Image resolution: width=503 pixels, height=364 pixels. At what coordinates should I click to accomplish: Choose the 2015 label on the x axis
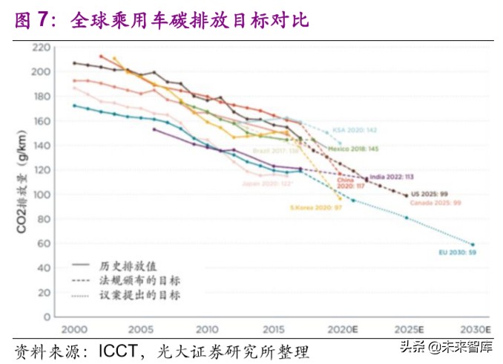click(x=274, y=329)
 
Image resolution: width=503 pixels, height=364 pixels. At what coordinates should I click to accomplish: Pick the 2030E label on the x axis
click(x=474, y=329)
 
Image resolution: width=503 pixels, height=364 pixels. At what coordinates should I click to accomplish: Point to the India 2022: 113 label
click(x=391, y=178)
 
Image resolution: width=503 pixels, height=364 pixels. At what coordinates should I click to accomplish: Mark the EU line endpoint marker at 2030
click(x=473, y=244)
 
